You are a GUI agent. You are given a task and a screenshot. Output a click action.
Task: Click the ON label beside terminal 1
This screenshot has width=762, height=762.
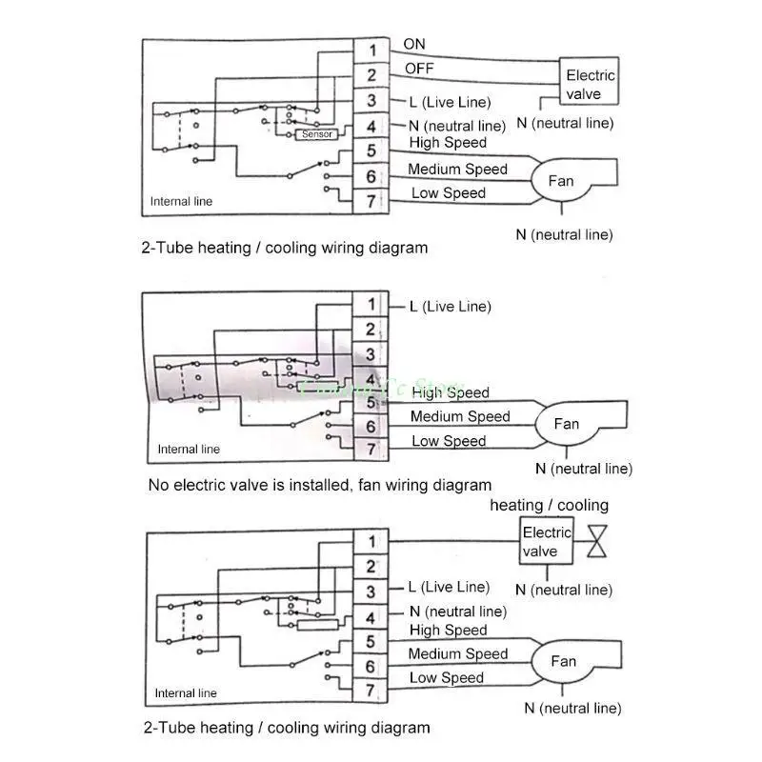tap(414, 44)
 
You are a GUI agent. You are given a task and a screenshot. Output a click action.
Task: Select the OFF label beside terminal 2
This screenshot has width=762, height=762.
tap(418, 69)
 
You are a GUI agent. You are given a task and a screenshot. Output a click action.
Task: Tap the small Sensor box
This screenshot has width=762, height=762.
tap(317, 134)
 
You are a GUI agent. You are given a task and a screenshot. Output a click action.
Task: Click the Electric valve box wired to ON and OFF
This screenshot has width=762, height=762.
tap(591, 84)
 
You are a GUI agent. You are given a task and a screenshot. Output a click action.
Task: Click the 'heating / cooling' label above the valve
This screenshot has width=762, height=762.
tap(549, 505)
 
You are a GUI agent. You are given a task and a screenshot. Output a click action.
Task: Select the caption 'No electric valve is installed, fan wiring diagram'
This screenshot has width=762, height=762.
tap(320, 485)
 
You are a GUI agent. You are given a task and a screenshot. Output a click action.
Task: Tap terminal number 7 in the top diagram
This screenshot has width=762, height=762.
tap(371, 201)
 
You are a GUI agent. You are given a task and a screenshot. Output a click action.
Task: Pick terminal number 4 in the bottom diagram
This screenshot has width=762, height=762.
tap(371, 617)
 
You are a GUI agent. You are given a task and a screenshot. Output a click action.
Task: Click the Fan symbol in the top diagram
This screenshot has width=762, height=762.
tap(560, 180)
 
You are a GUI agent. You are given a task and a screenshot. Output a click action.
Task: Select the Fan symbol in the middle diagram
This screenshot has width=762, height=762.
tap(566, 424)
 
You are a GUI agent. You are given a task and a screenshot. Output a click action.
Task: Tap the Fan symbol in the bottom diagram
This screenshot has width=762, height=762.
tap(562, 661)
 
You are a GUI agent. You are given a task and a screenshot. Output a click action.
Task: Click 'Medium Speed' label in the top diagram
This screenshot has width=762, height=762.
tap(457, 170)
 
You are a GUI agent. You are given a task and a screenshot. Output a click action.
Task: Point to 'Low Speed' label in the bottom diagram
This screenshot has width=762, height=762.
tap(447, 678)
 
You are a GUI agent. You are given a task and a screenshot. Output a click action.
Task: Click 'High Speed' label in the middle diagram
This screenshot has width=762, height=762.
tap(451, 392)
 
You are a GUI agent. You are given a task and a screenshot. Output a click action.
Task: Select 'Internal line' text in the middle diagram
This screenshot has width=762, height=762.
tap(189, 450)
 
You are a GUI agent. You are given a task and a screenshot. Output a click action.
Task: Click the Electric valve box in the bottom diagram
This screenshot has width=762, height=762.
tap(547, 542)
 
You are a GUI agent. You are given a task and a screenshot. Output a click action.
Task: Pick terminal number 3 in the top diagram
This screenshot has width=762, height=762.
tap(371, 101)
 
